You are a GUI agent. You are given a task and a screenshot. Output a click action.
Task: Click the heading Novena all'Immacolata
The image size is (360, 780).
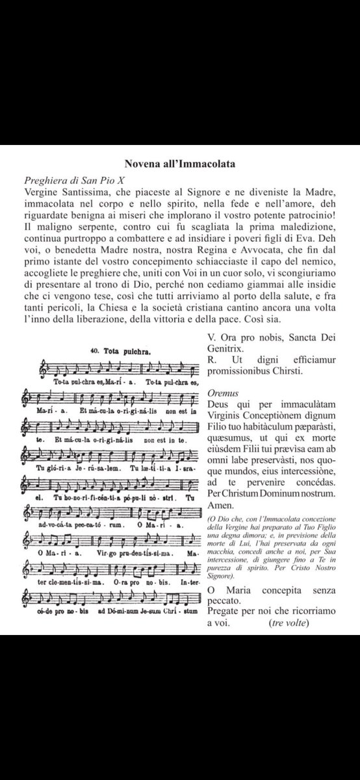[x=180, y=164]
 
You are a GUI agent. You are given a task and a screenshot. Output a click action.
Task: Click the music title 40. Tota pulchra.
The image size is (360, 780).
[x=121, y=352]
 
